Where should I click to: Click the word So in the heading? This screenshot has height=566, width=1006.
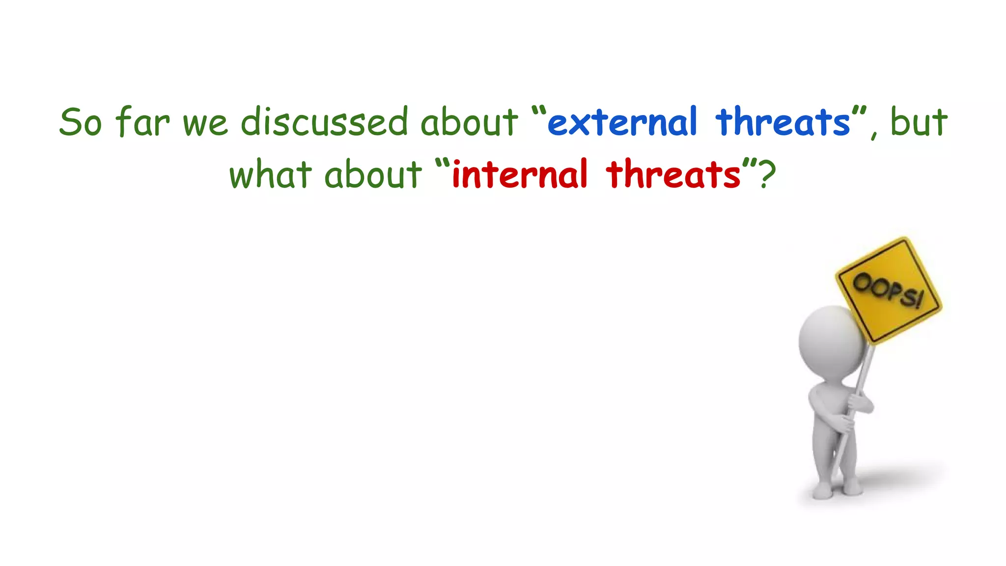[x=81, y=122]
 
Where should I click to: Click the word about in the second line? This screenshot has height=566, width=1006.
[x=373, y=174]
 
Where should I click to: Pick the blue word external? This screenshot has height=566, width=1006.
[x=622, y=122]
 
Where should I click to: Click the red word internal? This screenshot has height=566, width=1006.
[x=519, y=174]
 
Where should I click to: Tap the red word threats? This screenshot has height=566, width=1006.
[x=673, y=174]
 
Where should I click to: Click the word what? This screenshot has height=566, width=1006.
[x=270, y=174]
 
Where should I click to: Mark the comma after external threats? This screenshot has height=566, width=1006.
[x=874, y=135]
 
